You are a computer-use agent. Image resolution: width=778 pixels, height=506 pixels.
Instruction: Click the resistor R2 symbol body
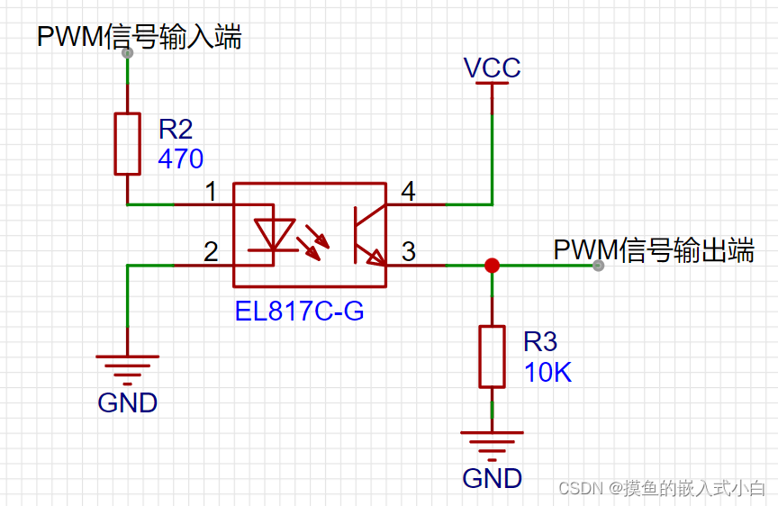coord(128,143)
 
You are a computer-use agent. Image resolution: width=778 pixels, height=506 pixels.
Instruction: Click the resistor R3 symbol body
coord(492,357)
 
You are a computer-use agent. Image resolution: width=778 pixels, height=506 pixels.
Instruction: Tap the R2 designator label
coord(176,129)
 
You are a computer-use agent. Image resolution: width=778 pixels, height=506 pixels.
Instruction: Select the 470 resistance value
coord(180,159)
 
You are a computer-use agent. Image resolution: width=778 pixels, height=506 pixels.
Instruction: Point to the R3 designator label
coord(540,341)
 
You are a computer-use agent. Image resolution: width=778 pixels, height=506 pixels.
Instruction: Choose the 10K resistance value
coord(547,372)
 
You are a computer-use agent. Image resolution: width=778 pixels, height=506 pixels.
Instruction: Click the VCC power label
coord(492,68)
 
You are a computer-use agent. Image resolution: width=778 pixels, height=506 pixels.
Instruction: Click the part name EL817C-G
coord(299,312)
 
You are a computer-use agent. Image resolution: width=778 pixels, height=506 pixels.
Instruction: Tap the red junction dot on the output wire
coord(492,265)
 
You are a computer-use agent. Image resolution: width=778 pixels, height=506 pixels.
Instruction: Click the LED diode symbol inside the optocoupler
coord(272,235)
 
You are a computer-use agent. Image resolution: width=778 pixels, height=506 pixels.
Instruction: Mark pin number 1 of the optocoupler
coord(211,192)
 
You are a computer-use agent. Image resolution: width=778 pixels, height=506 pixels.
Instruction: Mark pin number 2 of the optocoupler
coord(211,252)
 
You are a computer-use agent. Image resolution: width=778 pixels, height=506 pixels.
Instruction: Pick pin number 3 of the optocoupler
coord(408,252)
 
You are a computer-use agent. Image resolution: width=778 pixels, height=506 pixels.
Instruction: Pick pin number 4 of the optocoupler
coord(408,192)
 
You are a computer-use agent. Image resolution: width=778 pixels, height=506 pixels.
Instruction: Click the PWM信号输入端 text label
coord(139,37)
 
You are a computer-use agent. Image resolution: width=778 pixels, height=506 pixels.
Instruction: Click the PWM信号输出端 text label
coord(653,249)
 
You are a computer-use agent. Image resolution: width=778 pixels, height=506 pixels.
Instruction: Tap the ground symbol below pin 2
coord(128,368)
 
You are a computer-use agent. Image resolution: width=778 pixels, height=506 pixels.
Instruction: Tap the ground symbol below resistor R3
coord(492,444)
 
